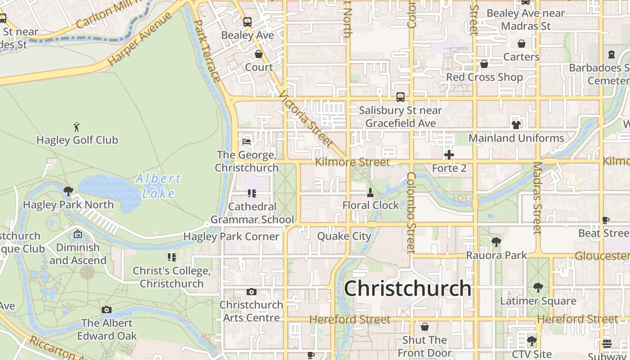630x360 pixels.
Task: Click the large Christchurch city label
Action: click(408, 288)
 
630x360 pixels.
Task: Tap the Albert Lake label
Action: click(158, 185)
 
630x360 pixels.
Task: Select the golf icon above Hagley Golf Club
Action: click(77, 126)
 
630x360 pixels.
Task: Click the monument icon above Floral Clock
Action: click(370, 193)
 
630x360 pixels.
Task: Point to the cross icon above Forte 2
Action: click(449, 155)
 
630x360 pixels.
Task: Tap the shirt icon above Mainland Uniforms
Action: click(516, 125)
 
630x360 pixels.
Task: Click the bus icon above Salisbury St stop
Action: click(400, 97)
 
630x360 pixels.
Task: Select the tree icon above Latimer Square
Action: click(538, 288)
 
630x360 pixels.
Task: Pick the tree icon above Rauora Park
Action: click(496, 242)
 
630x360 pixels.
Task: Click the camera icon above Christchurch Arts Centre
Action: click(252, 292)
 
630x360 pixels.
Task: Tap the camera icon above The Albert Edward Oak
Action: click(107, 310)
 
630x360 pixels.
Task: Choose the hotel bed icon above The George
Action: click(246, 141)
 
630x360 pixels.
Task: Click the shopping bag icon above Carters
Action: click(521, 44)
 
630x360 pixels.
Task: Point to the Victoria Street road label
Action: click(306, 120)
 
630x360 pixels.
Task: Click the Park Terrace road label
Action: click(208, 51)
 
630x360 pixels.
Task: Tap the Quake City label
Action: click(344, 236)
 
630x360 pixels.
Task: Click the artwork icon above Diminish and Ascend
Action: click(78, 234)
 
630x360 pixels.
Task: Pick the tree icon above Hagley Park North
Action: click(68, 191)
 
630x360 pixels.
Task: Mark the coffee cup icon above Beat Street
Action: click(606, 220)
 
